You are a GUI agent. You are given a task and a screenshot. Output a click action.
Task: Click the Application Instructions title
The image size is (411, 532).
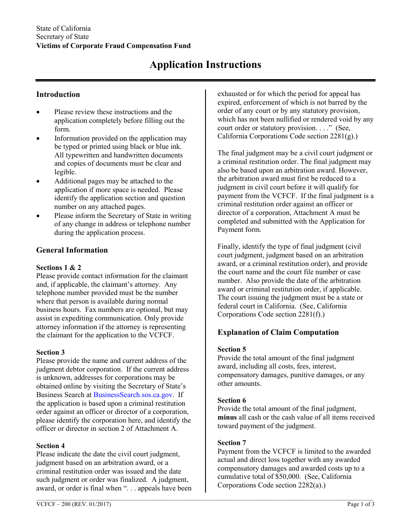tap(205, 65)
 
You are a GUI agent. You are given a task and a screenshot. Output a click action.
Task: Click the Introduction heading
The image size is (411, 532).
tap(58, 94)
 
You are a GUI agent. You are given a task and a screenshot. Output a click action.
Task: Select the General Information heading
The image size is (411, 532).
tap(72, 250)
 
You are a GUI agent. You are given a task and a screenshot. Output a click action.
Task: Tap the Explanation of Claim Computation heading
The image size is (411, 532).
tap(278, 332)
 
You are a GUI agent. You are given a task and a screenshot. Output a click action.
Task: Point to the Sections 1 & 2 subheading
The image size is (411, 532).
tap(58, 267)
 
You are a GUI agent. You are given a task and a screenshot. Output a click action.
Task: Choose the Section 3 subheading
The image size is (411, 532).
tap(51, 352)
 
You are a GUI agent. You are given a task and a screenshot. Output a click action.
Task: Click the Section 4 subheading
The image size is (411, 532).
tap(51, 445)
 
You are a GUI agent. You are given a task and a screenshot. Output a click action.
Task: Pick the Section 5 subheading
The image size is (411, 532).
tap(232, 349)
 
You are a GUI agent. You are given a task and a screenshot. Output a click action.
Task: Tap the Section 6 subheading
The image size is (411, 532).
tap(232, 401)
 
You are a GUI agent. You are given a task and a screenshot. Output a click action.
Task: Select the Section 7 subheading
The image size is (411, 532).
tap(232, 442)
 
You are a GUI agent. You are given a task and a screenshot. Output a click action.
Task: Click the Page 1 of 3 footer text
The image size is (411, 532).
tap(361, 504)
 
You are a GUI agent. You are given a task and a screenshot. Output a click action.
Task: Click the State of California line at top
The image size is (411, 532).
tap(64, 29)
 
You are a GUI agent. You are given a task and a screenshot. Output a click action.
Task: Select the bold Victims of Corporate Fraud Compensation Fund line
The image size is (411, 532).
tap(113, 46)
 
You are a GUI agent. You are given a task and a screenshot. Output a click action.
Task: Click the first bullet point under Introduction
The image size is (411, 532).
tap(39, 112)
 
